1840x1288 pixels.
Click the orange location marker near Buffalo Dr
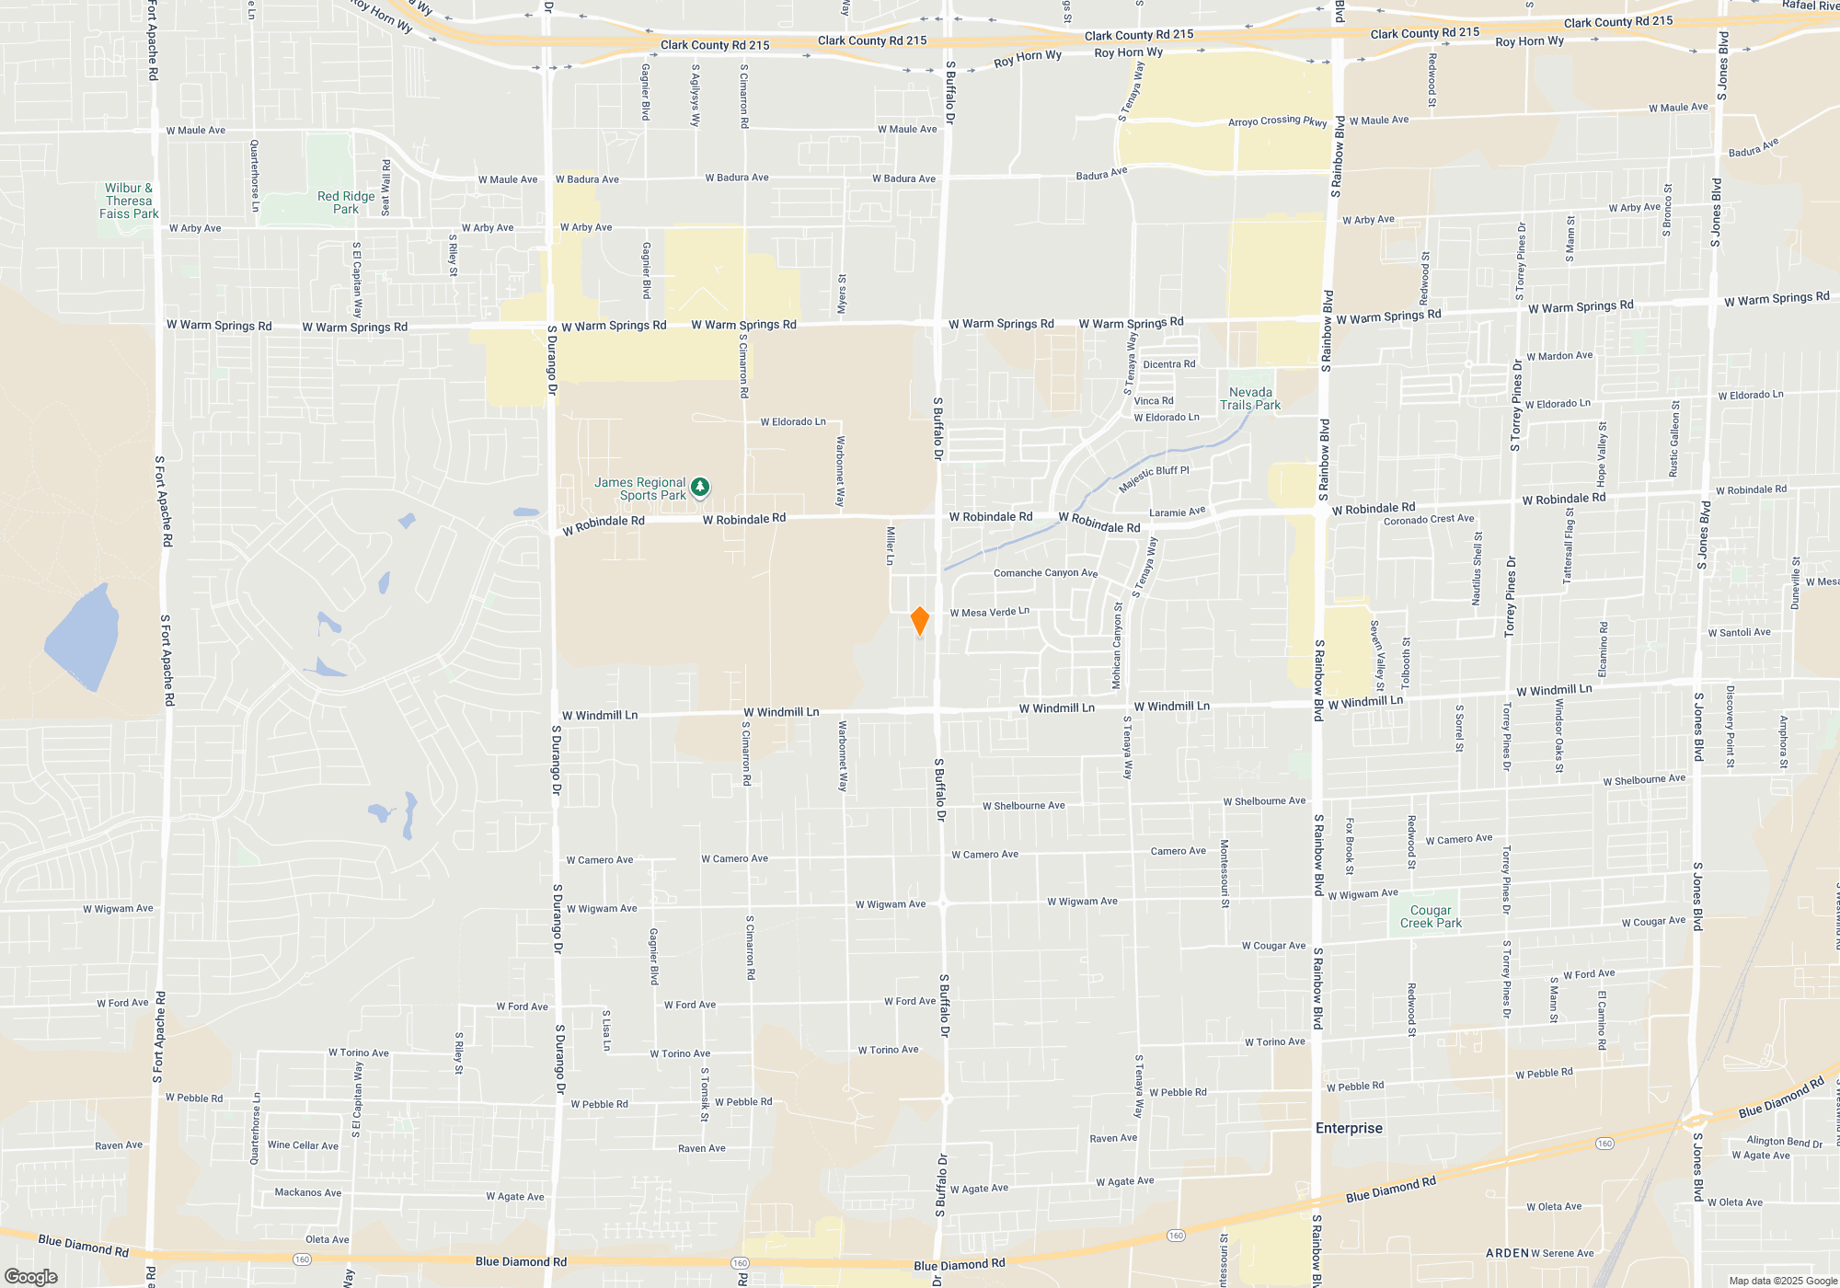[919, 621]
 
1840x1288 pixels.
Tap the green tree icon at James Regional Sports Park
[700, 486]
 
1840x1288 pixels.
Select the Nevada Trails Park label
[1250, 398]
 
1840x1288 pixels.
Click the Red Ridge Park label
[346, 202]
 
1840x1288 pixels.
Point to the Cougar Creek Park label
[1431, 916]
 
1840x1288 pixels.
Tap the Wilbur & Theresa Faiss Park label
[129, 201]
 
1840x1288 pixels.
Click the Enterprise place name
[1349, 1128]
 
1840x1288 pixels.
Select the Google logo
[30, 1277]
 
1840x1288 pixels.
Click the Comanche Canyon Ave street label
[1045, 573]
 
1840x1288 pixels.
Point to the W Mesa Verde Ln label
[989, 612]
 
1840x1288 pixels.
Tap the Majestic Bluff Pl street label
[1154, 477]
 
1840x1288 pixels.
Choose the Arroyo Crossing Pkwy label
[1277, 121]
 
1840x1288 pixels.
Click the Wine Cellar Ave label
[303, 1145]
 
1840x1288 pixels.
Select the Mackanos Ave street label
[307, 1192]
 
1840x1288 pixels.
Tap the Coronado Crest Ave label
[1428, 520]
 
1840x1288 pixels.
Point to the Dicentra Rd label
[1168, 364]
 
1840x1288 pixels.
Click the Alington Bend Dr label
[1784, 1142]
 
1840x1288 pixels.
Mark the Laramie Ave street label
[1177, 512]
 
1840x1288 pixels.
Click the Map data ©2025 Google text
[1782, 1281]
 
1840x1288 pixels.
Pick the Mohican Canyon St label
[1117, 646]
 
